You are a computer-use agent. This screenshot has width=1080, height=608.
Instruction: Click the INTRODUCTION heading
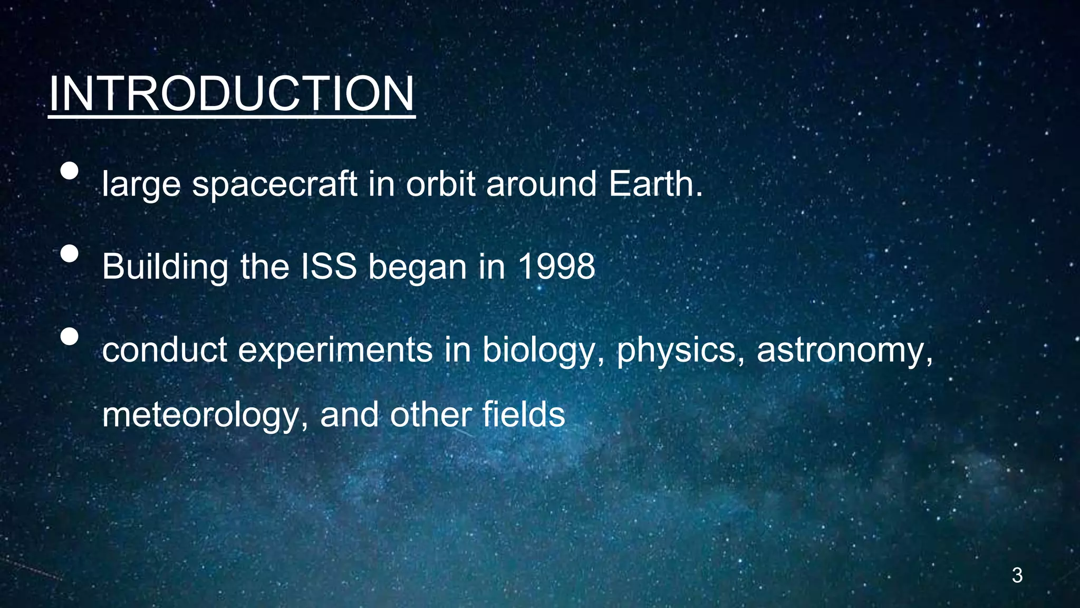tap(232, 94)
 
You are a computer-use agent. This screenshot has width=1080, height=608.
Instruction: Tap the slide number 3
tap(1017, 575)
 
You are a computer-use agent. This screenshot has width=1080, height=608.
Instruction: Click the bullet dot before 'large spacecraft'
tap(69, 171)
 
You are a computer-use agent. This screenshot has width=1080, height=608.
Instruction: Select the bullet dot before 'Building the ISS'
tap(69, 253)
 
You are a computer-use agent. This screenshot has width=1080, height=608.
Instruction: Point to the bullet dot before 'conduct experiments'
tap(69, 336)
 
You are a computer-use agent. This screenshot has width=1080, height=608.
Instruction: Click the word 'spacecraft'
tap(275, 185)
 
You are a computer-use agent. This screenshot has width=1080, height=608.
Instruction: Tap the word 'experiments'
tap(335, 350)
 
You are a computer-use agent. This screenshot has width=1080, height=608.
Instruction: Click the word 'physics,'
tap(680, 350)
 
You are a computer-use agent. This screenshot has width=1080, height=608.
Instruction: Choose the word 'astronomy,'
tap(844, 350)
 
